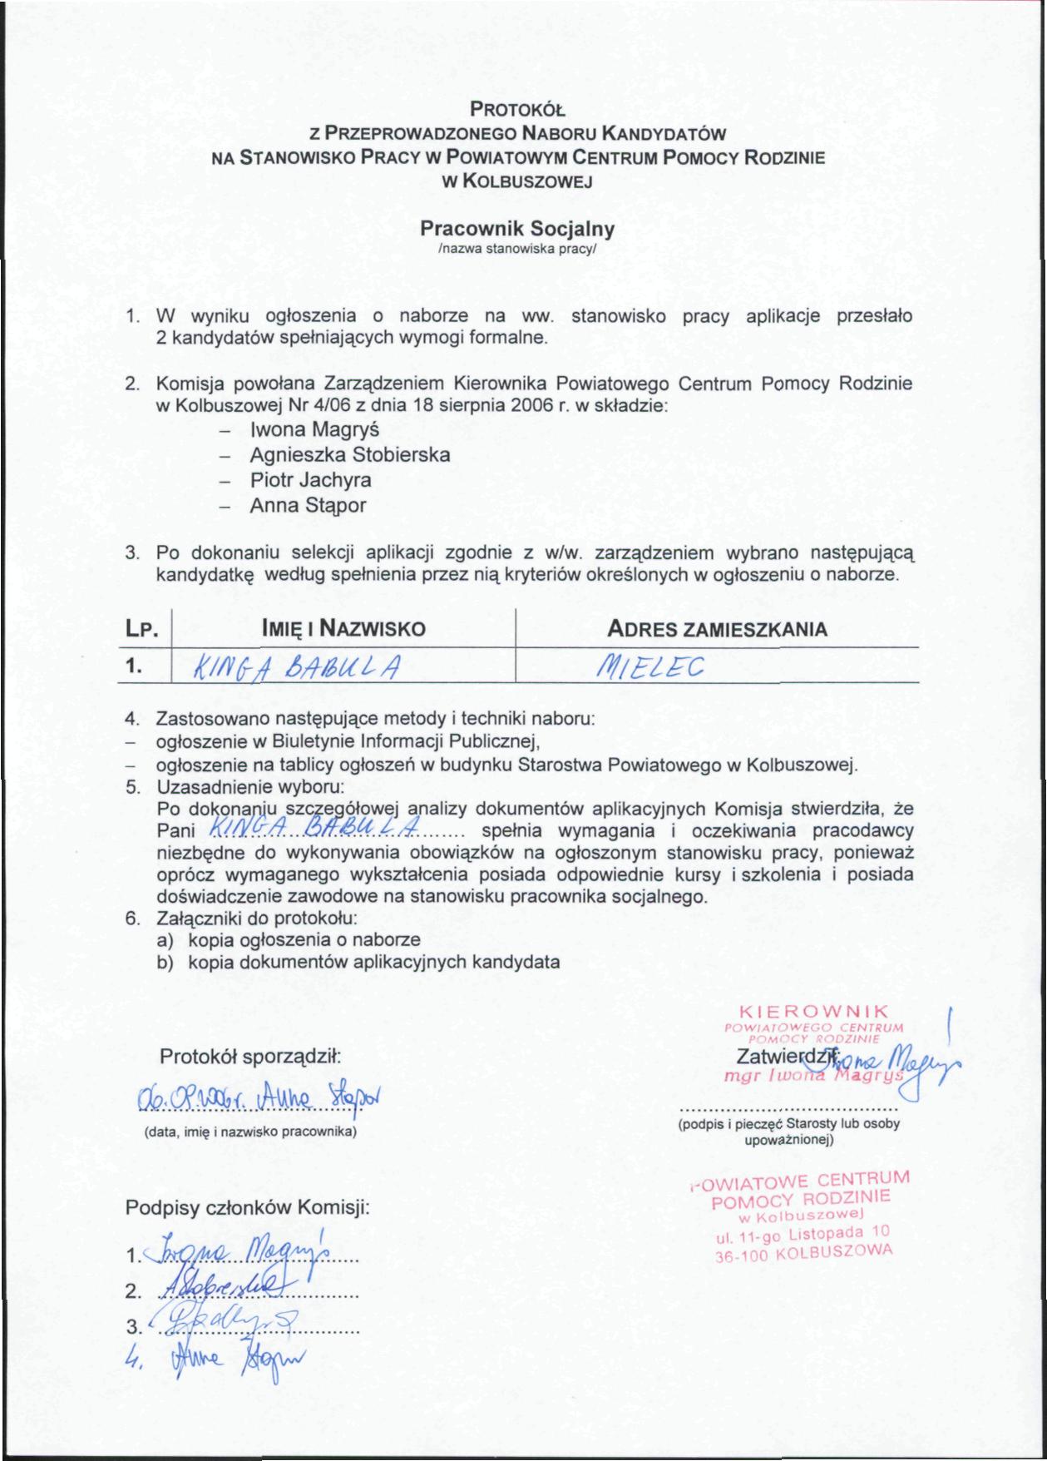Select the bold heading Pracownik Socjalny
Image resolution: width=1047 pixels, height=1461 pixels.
[516, 228]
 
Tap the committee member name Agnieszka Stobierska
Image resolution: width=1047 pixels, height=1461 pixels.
[350, 455]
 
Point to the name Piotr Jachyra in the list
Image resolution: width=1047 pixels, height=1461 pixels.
[311, 480]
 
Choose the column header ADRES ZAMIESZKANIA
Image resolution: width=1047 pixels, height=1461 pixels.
[717, 629]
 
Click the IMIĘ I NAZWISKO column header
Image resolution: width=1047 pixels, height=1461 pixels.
[343, 629]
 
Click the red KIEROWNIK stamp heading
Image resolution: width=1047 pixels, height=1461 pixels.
[814, 1012]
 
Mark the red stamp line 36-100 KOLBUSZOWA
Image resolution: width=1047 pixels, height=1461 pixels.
[803, 1253]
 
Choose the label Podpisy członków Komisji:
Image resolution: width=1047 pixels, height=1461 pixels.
[247, 1208]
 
